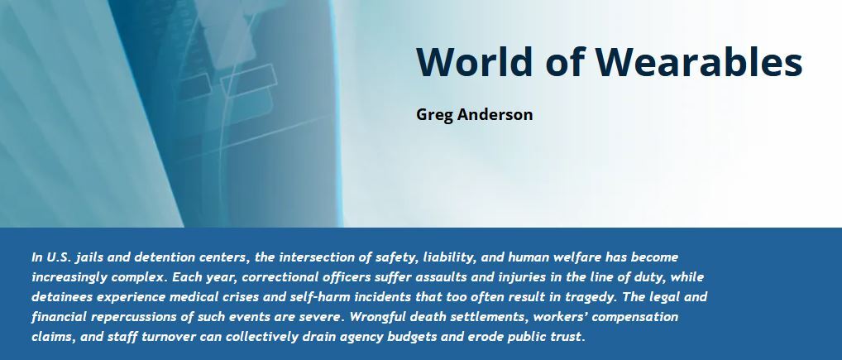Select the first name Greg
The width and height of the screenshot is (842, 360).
point(435,114)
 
